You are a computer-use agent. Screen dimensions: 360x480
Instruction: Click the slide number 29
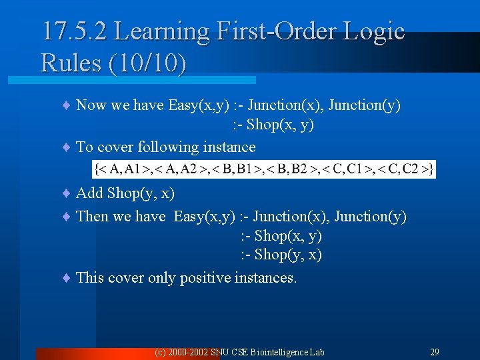434,351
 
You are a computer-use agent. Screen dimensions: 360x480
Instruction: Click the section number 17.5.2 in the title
73,31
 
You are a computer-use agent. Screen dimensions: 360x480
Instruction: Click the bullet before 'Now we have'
66,105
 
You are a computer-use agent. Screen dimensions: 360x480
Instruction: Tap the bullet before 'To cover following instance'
66,147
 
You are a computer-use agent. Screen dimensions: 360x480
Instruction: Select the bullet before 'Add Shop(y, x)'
66,193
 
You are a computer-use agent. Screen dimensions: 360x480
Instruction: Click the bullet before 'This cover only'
66,278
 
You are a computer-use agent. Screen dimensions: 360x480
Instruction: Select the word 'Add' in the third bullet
90,193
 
